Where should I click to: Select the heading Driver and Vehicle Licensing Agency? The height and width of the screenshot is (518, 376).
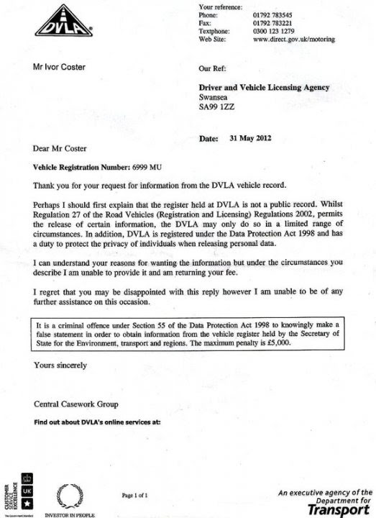264,88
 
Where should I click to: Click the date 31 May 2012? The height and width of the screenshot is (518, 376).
262,137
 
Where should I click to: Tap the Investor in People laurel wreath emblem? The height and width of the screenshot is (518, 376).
70,495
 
